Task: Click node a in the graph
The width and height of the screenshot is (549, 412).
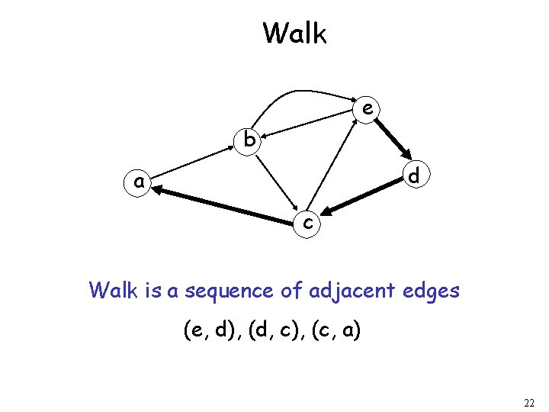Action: click(138, 182)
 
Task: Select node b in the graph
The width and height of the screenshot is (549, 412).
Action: click(249, 140)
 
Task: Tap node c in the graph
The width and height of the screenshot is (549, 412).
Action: click(307, 223)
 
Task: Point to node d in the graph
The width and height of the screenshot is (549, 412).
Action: click(413, 175)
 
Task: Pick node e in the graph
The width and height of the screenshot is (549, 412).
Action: click(368, 109)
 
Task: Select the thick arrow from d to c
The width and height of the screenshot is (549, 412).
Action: click(361, 198)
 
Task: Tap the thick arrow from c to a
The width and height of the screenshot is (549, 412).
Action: click(226, 205)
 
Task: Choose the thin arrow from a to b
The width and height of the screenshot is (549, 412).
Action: click(194, 161)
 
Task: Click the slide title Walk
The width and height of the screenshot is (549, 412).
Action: click(294, 34)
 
